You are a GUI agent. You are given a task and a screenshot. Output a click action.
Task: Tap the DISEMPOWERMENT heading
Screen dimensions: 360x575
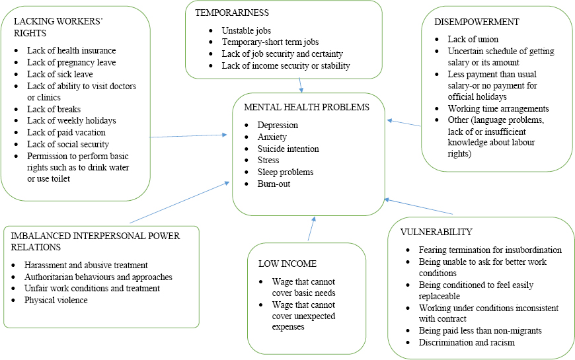pyautogui.click(x=477, y=22)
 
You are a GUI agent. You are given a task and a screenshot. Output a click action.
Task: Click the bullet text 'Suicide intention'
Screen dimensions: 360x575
pyautogui.click(x=288, y=149)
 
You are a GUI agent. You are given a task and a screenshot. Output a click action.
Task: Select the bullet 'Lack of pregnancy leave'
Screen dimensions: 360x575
pyautogui.click(x=71, y=62)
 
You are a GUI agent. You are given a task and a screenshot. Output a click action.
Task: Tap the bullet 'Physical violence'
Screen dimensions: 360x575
pyautogui.click(x=56, y=300)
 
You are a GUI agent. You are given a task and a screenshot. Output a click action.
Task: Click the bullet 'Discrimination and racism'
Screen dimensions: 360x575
pyautogui.click(x=467, y=342)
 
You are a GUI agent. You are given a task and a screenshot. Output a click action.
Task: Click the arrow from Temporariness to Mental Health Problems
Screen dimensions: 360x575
pyautogui.click(x=301, y=85)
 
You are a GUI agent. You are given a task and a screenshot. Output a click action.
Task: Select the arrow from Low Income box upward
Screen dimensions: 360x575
pyautogui.click(x=311, y=229)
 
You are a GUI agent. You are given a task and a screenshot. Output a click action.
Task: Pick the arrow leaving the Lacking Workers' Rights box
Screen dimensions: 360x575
pyautogui.click(x=188, y=136)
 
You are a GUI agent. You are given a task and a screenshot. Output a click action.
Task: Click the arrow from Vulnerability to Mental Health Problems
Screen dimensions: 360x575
pyautogui.click(x=419, y=206)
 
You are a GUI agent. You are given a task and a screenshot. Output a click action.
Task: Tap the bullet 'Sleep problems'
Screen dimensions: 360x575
pyautogui.click(x=286, y=172)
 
